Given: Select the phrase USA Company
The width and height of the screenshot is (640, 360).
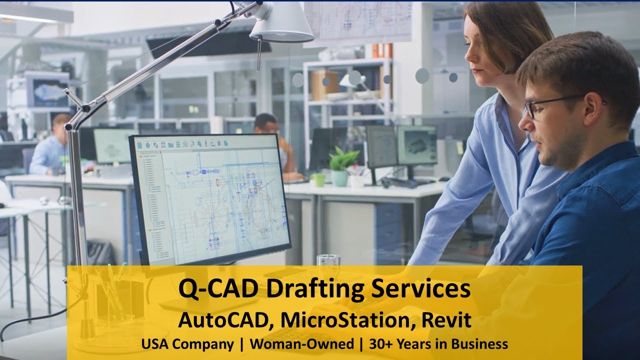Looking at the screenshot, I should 187,344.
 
